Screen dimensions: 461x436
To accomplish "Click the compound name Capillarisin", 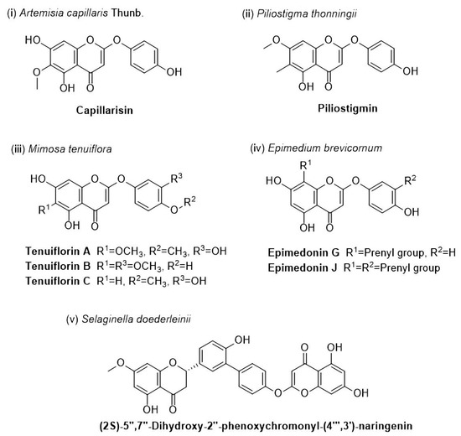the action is click(x=105, y=111).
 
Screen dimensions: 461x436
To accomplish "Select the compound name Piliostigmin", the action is click(x=348, y=108).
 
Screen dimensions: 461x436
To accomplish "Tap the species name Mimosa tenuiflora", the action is click(x=70, y=149).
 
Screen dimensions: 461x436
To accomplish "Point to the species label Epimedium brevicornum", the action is click(x=325, y=148).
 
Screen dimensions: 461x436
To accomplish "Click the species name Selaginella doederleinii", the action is click(x=136, y=319).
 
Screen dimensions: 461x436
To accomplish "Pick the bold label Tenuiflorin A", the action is click(x=58, y=252).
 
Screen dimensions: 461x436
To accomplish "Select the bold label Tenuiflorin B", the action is click(x=58, y=267).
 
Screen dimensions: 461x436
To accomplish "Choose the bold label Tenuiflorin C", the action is click(x=58, y=281).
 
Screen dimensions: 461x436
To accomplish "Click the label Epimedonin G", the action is click(x=303, y=252).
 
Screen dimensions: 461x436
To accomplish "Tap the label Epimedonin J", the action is click(x=303, y=267).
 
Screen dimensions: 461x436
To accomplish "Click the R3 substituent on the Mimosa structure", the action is click(x=176, y=178).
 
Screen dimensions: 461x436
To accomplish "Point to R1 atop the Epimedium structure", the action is click(x=305, y=165).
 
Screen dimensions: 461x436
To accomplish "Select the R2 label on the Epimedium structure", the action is click(x=410, y=180).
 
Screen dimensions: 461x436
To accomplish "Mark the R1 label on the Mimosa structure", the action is click(x=44, y=209).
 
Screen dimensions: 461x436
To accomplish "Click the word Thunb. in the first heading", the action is click(x=127, y=13).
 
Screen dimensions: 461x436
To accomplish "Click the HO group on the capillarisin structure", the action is click(x=33, y=40).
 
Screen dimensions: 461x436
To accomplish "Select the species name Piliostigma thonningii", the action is click(x=307, y=13).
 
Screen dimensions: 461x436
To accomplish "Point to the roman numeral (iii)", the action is click(x=18, y=149).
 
